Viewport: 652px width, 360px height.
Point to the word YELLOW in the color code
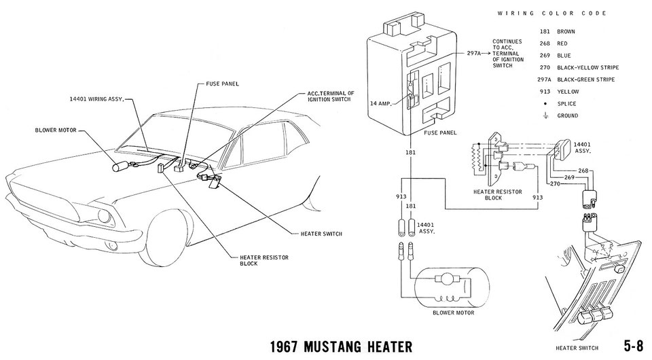(x=568, y=92)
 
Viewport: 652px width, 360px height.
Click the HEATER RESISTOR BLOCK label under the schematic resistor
(x=499, y=196)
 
